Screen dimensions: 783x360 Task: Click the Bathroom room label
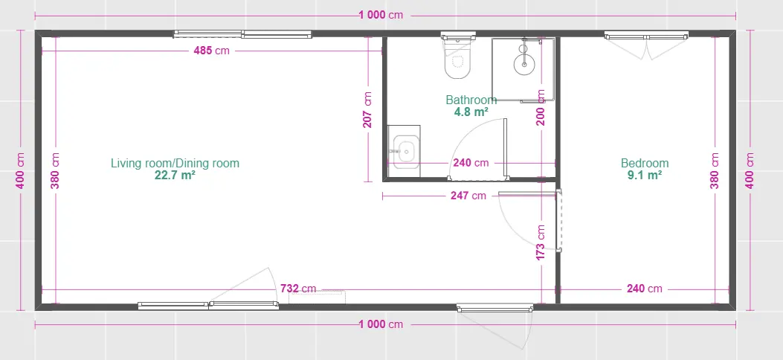click(x=471, y=100)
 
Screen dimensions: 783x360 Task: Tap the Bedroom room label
click(x=645, y=164)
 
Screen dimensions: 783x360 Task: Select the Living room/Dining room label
click(x=175, y=164)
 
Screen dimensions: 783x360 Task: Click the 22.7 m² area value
click(x=175, y=176)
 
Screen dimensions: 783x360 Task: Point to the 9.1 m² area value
click(x=645, y=176)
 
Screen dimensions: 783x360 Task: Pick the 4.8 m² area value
click(x=471, y=112)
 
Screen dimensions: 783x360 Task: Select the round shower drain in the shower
click(x=523, y=64)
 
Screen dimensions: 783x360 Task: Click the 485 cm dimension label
click(x=212, y=51)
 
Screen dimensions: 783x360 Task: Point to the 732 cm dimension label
click(x=298, y=289)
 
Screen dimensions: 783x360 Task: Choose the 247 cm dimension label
click(x=468, y=196)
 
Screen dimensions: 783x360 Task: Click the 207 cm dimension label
click(x=367, y=110)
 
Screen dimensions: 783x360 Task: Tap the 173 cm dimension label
click(x=541, y=242)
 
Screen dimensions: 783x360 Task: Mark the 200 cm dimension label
click(x=541, y=107)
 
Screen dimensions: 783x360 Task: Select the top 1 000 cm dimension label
click(x=381, y=15)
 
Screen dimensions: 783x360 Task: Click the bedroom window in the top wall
click(x=646, y=36)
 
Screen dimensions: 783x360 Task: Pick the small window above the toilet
click(x=458, y=36)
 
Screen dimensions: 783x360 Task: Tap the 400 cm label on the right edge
click(x=750, y=170)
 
